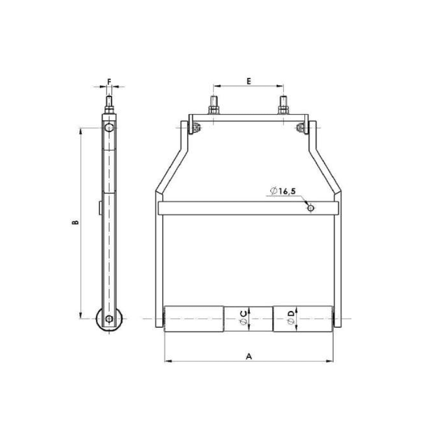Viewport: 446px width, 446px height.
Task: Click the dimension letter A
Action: pyautogui.click(x=249, y=356)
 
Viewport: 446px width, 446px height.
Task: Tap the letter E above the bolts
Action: pyautogui.click(x=249, y=81)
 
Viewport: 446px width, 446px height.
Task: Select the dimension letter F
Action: pyautogui.click(x=109, y=81)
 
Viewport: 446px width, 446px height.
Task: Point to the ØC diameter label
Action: pyautogui.click(x=243, y=318)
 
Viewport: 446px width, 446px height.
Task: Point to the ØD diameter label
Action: pyautogui.click(x=291, y=318)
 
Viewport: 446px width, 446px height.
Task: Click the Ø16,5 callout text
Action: pyautogui.click(x=283, y=191)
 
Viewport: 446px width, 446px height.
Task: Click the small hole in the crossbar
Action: pyautogui.click(x=311, y=209)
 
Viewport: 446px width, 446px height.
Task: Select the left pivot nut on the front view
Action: pyautogui.click(x=195, y=128)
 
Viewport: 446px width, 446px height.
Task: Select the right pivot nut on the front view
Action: pyautogui.click(x=301, y=128)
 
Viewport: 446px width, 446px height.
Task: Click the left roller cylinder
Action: pyautogui.click(x=194, y=319)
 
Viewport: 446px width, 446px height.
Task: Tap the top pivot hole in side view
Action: pyautogui.click(x=109, y=129)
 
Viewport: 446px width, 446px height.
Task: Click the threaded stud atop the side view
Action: pyautogui.click(x=109, y=104)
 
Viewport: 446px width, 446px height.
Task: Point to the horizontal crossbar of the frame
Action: pyautogui.click(x=234, y=208)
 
